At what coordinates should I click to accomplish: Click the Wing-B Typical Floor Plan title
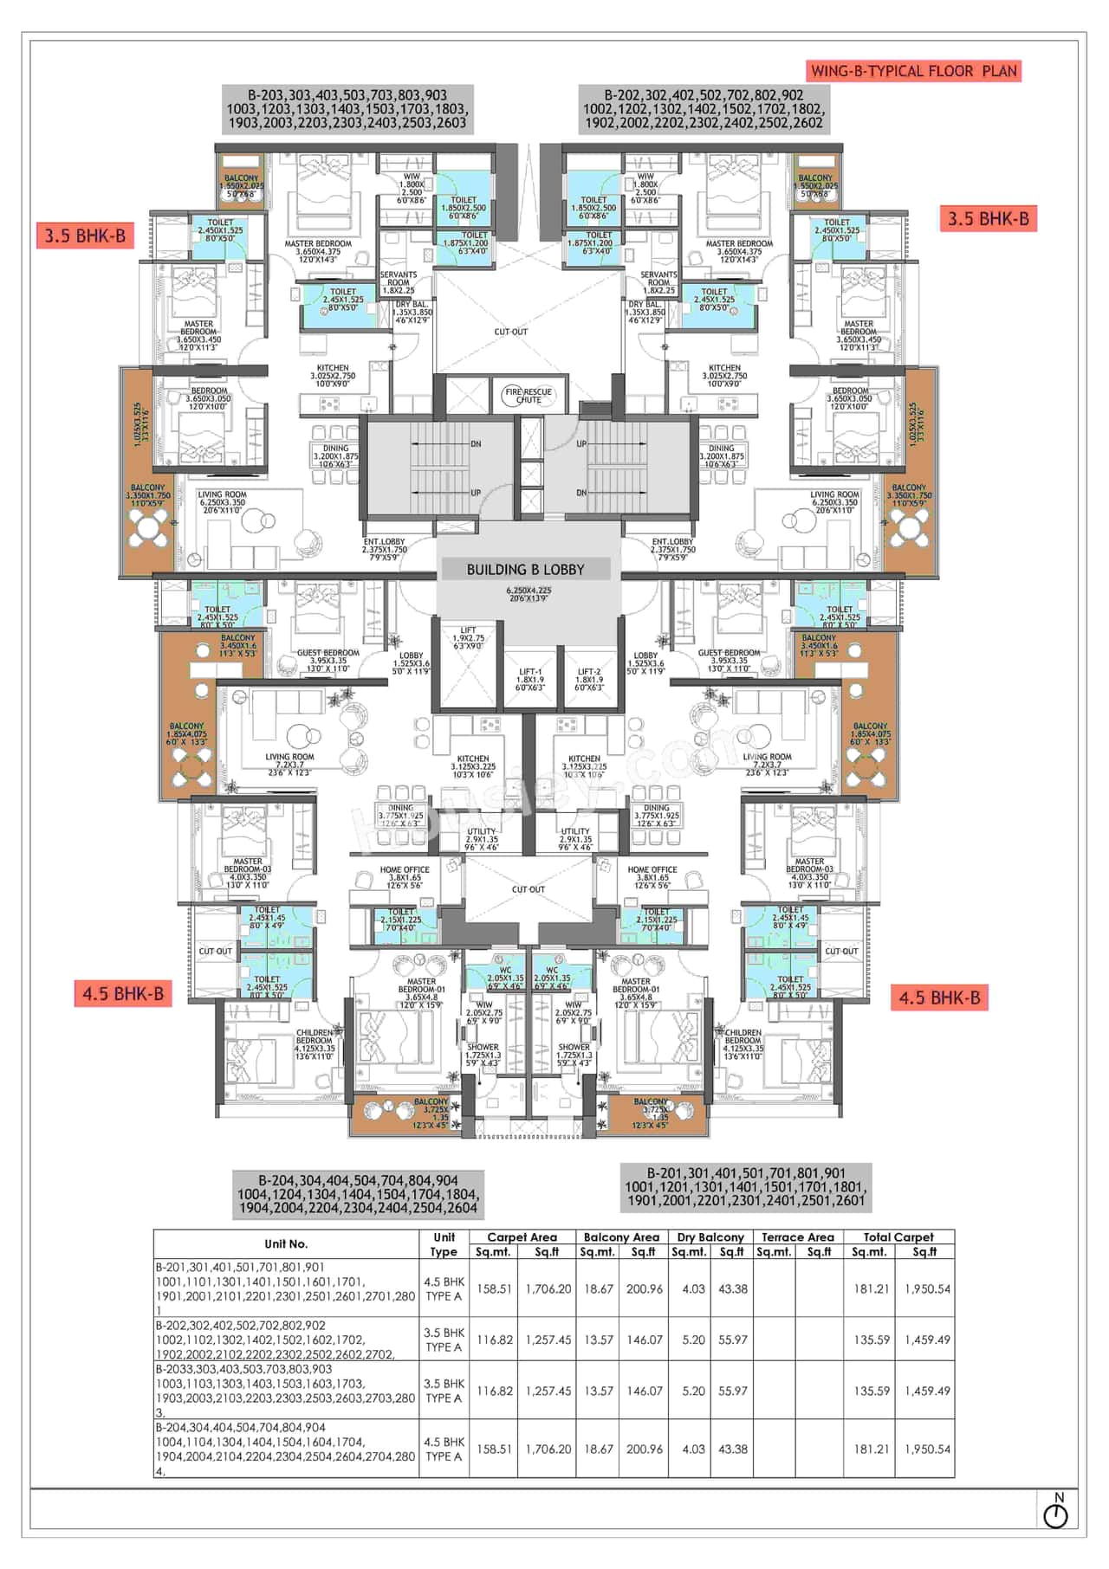914,71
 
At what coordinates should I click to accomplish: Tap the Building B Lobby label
525,569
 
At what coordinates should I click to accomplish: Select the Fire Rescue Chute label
529,396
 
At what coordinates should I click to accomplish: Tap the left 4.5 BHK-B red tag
122,993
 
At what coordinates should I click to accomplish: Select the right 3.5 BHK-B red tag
988,218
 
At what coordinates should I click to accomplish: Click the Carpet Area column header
522,1237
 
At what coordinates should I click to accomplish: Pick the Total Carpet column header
898,1237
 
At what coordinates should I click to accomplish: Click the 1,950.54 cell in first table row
927,1288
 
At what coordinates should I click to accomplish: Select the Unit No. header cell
286,1243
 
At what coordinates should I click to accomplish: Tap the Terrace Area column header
797,1237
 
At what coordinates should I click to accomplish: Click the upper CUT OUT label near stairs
510,332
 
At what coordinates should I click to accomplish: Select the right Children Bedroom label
743,1036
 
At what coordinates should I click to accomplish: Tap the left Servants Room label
399,279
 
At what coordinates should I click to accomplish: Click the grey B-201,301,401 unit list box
744,1186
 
